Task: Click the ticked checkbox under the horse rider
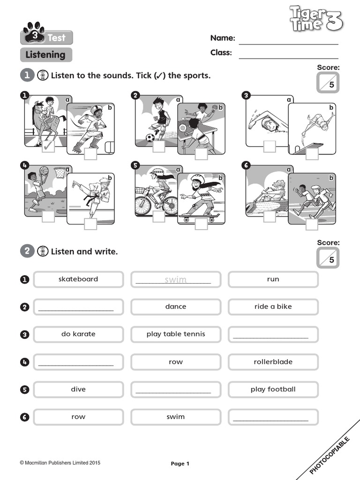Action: (48, 147)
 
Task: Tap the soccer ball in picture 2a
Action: (150, 138)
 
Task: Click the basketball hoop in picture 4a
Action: (60, 172)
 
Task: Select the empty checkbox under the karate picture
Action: (90, 224)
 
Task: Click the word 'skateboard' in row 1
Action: (78, 279)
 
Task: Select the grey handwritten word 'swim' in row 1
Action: (175, 280)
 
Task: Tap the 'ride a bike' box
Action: (273, 307)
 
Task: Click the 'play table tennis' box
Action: (176, 334)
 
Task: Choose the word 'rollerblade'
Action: (273, 362)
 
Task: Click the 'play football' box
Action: (273, 390)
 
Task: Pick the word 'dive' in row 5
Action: (78, 390)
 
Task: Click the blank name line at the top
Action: (288, 38)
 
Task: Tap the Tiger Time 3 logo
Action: (315, 19)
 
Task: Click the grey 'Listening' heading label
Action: (46, 55)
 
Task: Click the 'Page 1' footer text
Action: (180, 464)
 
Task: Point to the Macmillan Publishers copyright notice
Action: (60, 463)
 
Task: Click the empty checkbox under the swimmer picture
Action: (270, 146)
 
